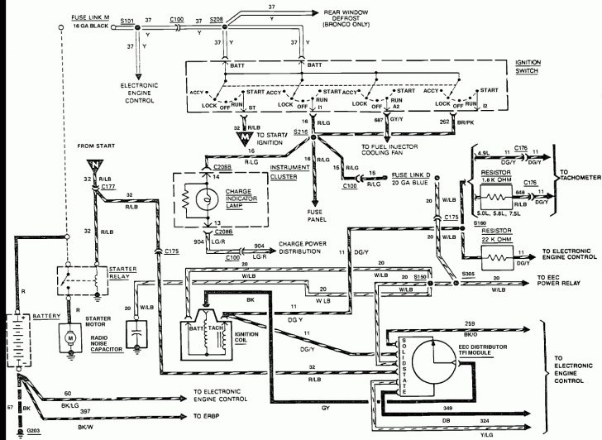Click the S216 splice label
pyautogui.click(x=300, y=132)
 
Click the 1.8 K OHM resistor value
pyautogui.click(x=499, y=180)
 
